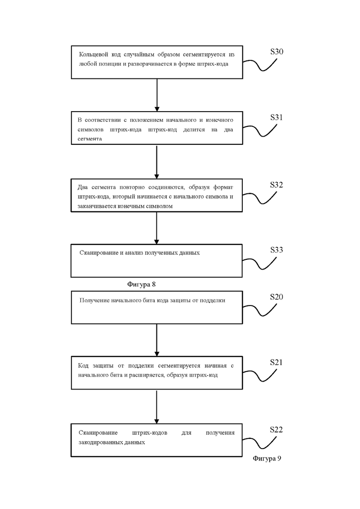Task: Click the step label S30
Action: click(276, 52)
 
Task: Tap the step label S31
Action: click(276, 118)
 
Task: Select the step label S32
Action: click(276, 185)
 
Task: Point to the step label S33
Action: click(276, 250)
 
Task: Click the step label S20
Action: click(276, 297)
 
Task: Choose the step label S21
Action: click(276, 362)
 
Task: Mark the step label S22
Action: click(276, 430)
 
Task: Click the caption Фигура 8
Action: click(141, 284)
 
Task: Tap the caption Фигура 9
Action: click(267, 458)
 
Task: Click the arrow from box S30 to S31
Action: click(157, 95)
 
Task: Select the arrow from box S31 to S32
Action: click(156, 162)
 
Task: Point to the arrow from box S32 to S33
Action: click(156, 228)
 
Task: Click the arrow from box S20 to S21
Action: click(157, 340)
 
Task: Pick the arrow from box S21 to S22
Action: click(156, 407)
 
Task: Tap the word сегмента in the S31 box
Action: click(90, 139)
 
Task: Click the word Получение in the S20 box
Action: click(94, 300)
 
